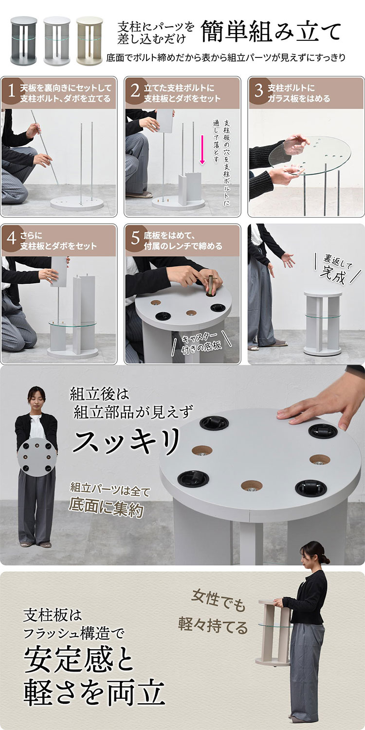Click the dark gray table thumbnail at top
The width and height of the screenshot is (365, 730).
coord(24,40)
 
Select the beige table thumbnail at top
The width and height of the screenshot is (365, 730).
coord(90,40)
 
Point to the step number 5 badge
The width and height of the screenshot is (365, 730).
coord(135,238)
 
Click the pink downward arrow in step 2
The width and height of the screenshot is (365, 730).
coord(202,149)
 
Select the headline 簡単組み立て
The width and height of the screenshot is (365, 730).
coord(271,32)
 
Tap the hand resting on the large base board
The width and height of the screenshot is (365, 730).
coord(319,408)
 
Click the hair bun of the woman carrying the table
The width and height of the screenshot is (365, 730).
coord(325,559)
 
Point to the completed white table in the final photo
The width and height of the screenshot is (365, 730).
coord(323,323)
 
